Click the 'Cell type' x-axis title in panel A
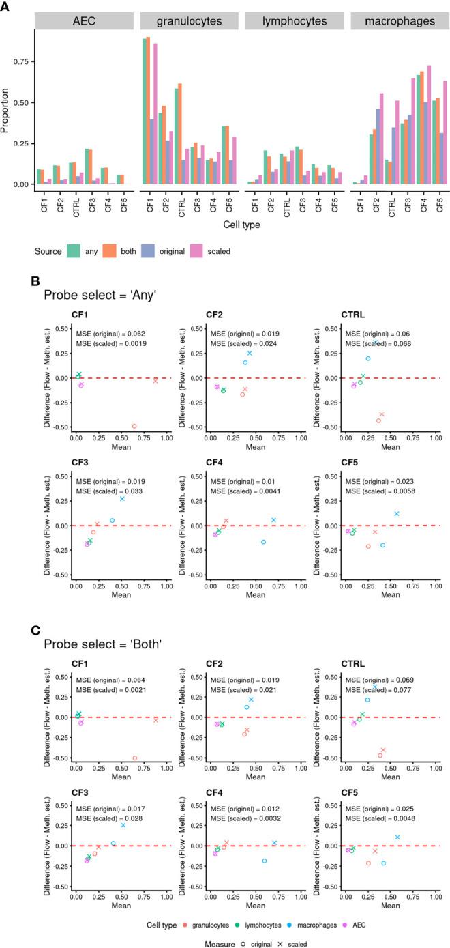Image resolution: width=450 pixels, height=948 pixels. point(240,223)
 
